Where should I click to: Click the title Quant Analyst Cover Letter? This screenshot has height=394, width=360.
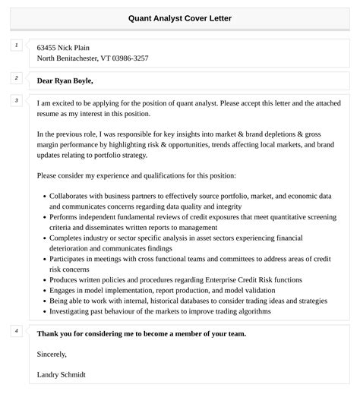tap(180, 17)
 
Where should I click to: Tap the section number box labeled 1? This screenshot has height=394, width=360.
tap(15, 46)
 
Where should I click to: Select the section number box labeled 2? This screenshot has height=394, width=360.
tap(15, 78)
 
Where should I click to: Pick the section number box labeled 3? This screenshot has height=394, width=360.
tap(15, 100)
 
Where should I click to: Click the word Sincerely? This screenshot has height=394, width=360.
tap(52, 354)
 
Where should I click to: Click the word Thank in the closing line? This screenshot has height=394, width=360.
tap(48, 333)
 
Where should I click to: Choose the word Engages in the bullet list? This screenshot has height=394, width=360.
tap(64, 290)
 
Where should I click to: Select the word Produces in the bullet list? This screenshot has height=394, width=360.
tap(65, 280)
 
